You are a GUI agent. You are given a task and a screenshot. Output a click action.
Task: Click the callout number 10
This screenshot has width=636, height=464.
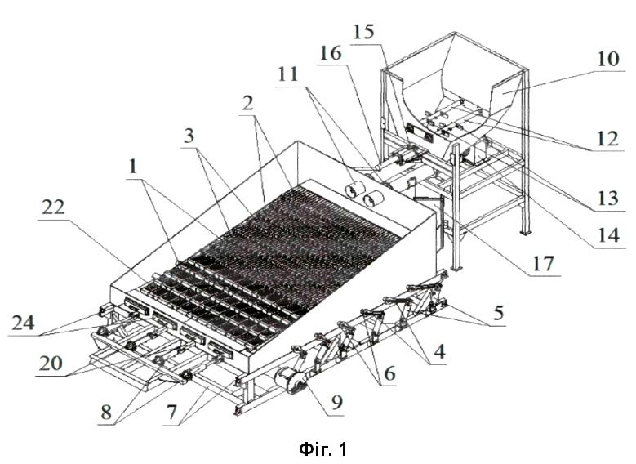tap(608, 59)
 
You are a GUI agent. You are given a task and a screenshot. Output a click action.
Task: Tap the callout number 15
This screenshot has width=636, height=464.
tap(363, 32)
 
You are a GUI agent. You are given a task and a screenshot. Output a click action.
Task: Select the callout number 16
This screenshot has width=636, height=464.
tap(331, 53)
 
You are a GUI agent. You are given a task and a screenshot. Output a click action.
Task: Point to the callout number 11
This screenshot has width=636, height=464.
tap(288, 74)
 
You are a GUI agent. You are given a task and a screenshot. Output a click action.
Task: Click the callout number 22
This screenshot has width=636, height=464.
tap(53, 207)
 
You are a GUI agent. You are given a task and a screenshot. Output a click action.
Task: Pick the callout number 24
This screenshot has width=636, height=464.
tap(24, 323)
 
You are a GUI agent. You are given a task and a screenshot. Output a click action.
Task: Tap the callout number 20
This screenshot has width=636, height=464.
tap(51, 364)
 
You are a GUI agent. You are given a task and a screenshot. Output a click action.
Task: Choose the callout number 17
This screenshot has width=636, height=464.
tap(543, 264)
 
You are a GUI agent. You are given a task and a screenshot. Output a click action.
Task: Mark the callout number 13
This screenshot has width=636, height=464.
tap(608, 199)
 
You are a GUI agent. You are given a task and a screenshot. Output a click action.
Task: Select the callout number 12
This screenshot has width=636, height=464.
tap(607, 139)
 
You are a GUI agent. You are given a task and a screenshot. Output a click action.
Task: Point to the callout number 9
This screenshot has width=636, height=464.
tap(337, 402)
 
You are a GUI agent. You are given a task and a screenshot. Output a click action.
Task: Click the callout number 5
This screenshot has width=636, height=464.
tap(498, 312)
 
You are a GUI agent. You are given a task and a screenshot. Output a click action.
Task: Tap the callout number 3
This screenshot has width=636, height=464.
tap(189, 136)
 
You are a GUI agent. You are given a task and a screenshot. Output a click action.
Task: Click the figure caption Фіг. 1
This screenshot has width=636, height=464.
tap(323, 449)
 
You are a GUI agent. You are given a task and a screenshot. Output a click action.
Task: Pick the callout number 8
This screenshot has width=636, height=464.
tap(106, 412)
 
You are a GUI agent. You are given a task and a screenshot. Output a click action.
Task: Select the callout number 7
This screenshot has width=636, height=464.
tap(171, 412)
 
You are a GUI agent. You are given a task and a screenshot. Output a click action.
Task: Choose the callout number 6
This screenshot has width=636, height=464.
tap(389, 373)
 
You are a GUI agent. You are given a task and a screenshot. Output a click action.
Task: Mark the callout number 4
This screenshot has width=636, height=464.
tap(440, 351)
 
